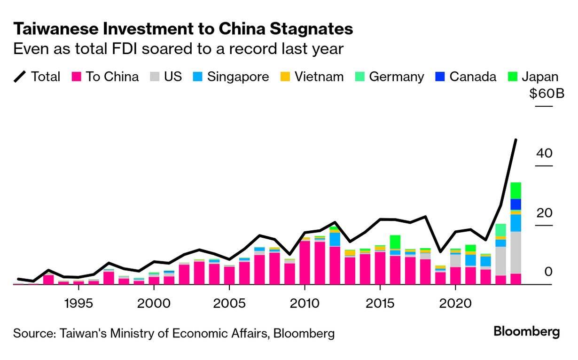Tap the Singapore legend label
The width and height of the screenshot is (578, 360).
(238, 77)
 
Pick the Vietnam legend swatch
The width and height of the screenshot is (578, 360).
(285, 77)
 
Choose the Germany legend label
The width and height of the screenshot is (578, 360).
(396, 77)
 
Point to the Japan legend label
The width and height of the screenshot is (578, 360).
(540, 77)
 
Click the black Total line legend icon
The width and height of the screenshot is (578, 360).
(20, 77)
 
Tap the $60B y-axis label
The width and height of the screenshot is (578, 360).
(547, 94)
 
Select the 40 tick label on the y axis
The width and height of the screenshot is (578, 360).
(545, 153)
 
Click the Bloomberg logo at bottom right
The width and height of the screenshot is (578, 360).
(526, 332)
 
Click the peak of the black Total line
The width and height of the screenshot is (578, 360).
(516, 140)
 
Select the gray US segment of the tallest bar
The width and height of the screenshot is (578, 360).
(516, 252)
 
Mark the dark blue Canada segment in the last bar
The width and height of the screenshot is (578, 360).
(516, 204)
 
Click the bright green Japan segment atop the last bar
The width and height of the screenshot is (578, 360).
(516, 190)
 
